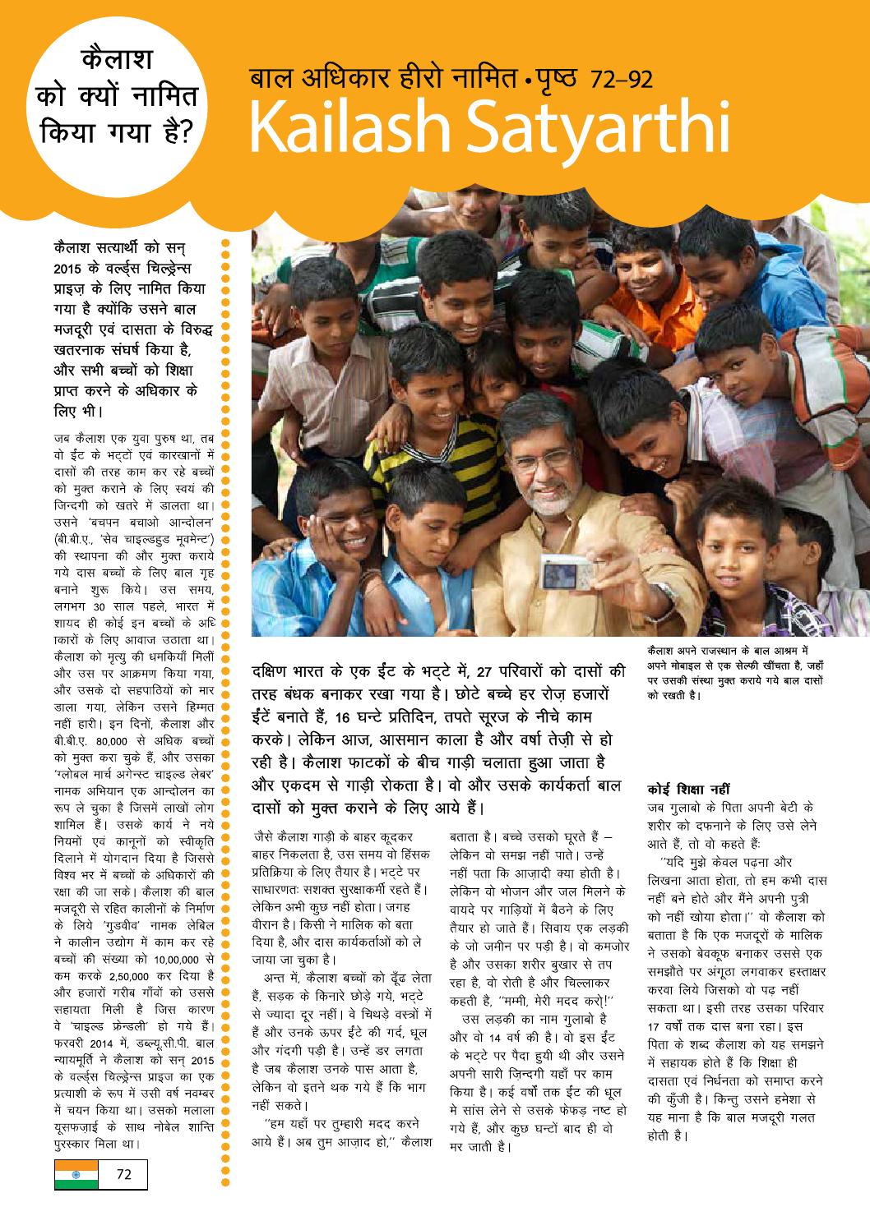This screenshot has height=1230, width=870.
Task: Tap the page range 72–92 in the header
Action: coord(621,80)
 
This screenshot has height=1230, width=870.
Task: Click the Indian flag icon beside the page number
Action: coord(76,1173)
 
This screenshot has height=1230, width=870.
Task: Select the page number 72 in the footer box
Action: coord(124,1173)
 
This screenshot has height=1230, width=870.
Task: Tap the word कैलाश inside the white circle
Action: coord(115,62)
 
